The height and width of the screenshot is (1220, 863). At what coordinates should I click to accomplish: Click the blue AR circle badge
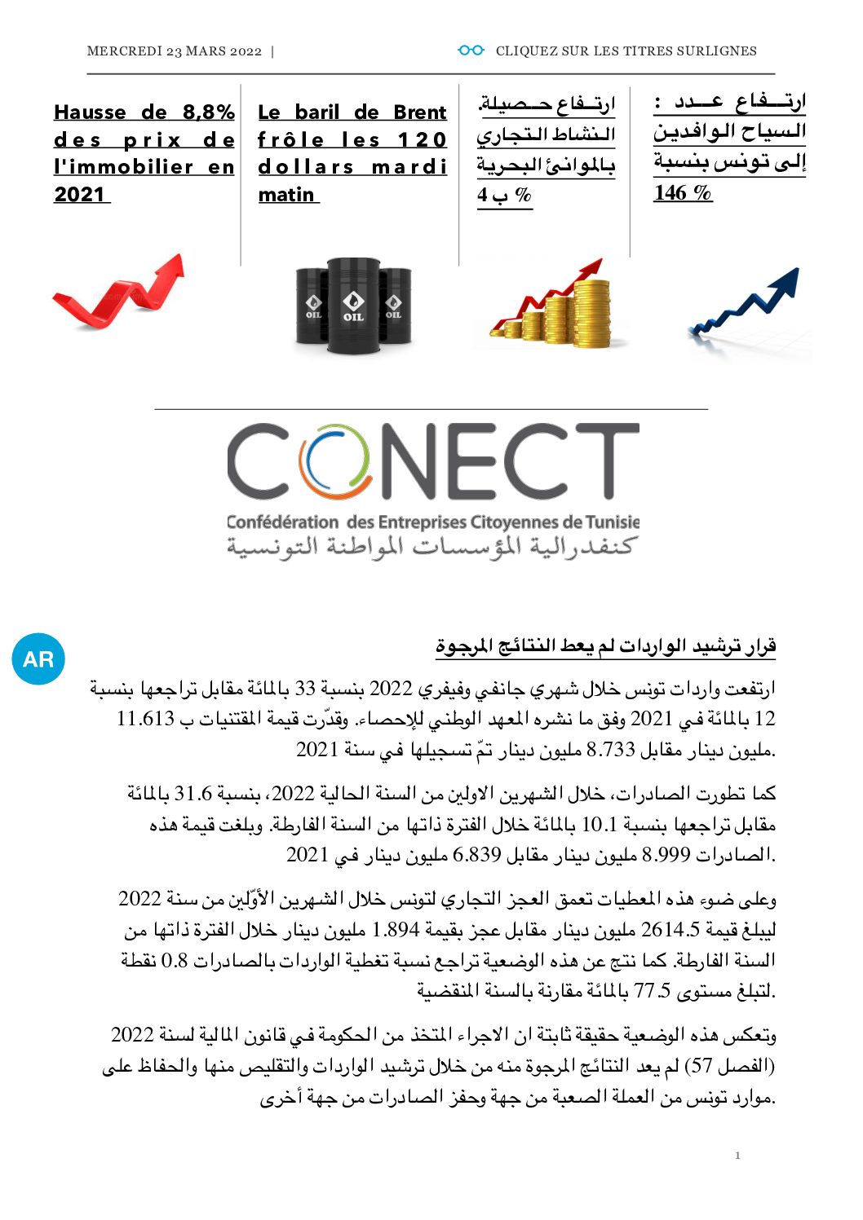point(38,658)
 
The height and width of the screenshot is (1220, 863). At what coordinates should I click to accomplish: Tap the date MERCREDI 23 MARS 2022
point(174,51)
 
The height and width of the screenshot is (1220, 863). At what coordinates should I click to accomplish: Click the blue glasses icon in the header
point(471,51)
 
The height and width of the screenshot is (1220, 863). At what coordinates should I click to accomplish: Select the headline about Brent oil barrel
point(352,153)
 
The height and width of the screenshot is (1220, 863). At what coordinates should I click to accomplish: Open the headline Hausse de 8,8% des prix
point(144,153)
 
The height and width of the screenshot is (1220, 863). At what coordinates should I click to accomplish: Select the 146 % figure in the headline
point(683,193)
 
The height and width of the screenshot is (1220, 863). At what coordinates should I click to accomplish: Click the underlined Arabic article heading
point(605,646)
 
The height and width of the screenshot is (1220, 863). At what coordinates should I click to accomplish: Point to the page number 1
point(737,1155)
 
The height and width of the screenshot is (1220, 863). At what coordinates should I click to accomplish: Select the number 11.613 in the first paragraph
point(145,719)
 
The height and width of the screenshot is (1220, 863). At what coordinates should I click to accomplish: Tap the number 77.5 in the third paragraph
point(652,992)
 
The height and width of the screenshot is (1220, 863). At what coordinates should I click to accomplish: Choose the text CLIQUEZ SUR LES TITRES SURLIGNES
point(626,51)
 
